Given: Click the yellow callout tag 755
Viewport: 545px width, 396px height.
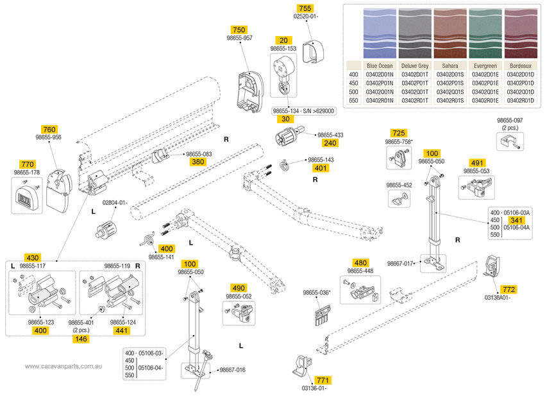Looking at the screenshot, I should [306, 7].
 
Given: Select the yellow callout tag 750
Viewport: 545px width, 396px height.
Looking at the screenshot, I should [239, 30].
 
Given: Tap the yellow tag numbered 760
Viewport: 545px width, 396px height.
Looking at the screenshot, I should [49, 129].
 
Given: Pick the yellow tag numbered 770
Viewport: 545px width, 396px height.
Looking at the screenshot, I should [27, 164].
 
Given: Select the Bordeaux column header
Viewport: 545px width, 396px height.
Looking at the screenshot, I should [520, 65].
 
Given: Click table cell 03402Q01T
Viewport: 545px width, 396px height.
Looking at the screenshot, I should [414, 92].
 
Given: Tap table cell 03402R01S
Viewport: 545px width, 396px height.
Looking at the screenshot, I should [449, 101].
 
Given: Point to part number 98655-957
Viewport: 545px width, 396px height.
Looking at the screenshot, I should [239, 38].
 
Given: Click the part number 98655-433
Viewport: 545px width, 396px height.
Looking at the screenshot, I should [330, 135].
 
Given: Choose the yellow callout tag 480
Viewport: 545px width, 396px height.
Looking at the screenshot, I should [361, 263].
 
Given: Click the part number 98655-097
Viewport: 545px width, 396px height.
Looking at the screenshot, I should [510, 120].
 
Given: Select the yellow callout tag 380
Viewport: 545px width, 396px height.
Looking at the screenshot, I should [198, 162].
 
